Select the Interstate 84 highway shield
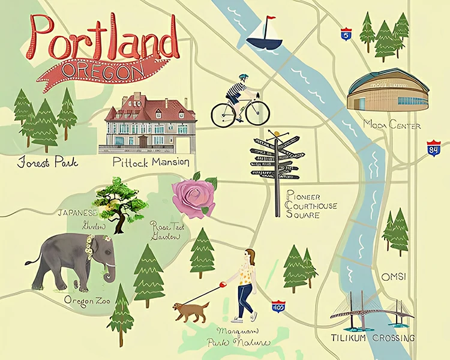(x=433, y=148)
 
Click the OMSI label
(x=394, y=277)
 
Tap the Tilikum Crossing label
(x=373, y=338)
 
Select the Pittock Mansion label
(x=151, y=162)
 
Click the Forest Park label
(x=49, y=163)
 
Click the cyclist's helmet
(x=243, y=78)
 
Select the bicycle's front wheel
(x=257, y=112)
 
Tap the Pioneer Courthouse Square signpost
(x=276, y=168)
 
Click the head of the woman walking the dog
(x=250, y=257)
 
